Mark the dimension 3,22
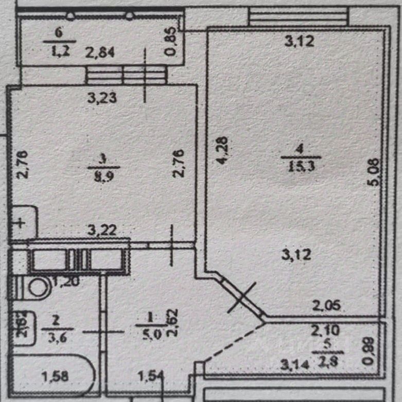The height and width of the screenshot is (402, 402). click(x=101, y=231)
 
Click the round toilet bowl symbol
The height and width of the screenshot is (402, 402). click(x=37, y=287)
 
